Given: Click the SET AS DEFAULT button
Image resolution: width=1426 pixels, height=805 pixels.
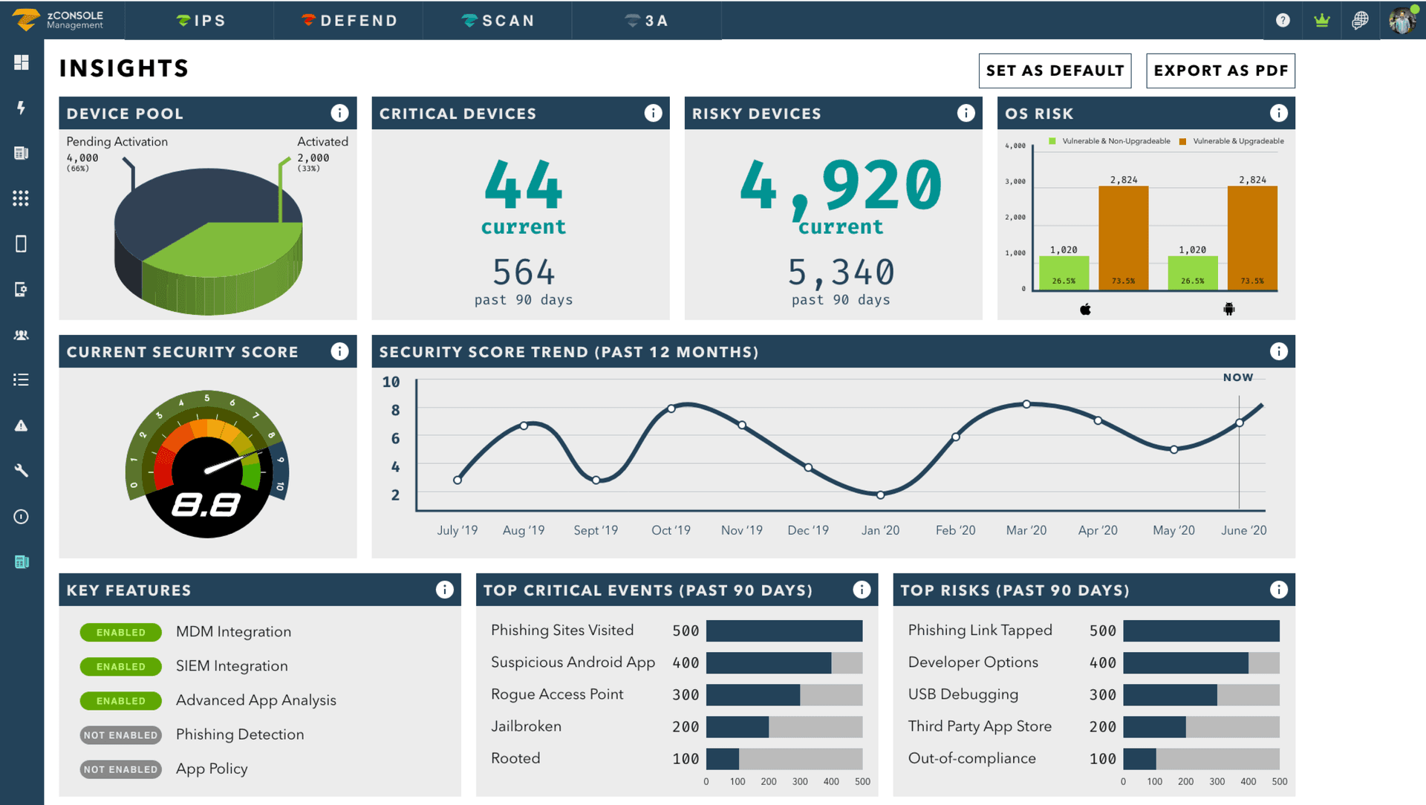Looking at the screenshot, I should tap(1055, 71).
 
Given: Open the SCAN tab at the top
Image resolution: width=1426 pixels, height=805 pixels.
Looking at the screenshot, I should tap(498, 21).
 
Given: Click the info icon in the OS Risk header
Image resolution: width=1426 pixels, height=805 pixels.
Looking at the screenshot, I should tap(1278, 113).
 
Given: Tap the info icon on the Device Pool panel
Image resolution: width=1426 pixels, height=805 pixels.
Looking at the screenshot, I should tap(339, 113).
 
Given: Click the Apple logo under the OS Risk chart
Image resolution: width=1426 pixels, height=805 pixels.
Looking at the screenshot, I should tap(1085, 309).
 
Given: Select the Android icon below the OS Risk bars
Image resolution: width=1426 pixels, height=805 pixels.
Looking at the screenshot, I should tap(1229, 309).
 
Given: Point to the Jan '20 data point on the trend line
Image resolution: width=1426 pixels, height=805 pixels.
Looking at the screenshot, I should tap(880, 495).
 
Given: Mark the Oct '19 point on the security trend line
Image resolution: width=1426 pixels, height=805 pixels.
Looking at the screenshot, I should tap(671, 408).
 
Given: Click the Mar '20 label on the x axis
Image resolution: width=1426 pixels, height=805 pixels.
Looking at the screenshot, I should tap(1026, 530).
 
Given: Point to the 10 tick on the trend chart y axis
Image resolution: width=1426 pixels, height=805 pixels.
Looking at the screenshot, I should tap(391, 382).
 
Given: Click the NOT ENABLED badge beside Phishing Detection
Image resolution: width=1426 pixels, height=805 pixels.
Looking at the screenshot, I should tap(120, 735).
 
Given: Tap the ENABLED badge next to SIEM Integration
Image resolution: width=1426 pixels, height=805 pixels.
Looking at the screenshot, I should tap(120, 667).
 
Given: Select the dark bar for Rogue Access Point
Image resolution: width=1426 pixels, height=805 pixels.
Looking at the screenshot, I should tap(752, 695).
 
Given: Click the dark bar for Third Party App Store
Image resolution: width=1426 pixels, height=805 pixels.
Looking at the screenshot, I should tap(1154, 727).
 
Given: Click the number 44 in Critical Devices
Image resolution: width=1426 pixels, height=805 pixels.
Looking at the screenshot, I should tap(524, 186).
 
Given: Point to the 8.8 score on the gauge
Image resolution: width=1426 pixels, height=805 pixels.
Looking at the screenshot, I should tap(206, 506).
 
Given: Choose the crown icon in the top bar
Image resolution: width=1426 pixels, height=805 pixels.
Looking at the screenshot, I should tap(1321, 21).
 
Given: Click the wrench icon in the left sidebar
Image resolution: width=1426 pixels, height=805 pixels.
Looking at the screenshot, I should tap(22, 471).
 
